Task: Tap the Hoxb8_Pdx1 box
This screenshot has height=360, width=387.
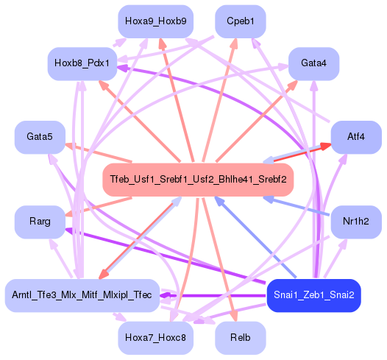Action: pyautogui.click(x=80, y=64)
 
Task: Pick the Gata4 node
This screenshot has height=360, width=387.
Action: pyautogui.click(x=313, y=63)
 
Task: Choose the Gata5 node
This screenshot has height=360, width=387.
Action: pyautogui.click(x=40, y=137)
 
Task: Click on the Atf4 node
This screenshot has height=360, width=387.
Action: pyautogui.click(x=356, y=137)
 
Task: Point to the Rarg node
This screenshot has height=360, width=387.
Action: pyautogui.click(x=40, y=221)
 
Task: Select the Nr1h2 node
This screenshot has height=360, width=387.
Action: pyautogui.click(x=356, y=221)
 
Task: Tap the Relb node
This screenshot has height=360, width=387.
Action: pyautogui.click(x=240, y=337)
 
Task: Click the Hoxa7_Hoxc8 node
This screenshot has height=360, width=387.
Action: pyautogui.click(x=155, y=337)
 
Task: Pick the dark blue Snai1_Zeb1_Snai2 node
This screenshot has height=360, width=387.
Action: pyautogui.click(x=313, y=295)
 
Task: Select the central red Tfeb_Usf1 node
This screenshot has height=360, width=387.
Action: pyautogui.click(x=198, y=180)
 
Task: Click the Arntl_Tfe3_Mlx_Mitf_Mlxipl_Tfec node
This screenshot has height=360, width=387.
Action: pyautogui.click(x=82, y=295)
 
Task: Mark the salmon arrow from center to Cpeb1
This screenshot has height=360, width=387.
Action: pyautogui.click(x=221, y=96)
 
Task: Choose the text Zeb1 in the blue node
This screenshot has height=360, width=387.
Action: pyautogui.click(x=313, y=295)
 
